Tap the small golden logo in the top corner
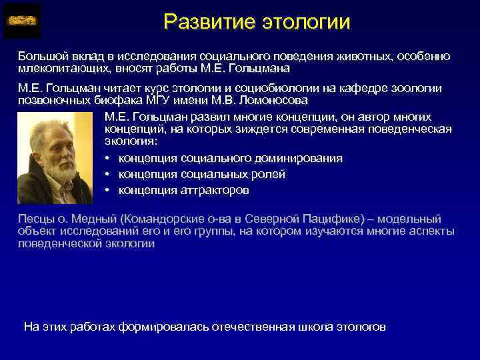[x=22, y=21]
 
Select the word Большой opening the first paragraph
[x=41, y=57]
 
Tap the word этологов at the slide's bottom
[x=360, y=327]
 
